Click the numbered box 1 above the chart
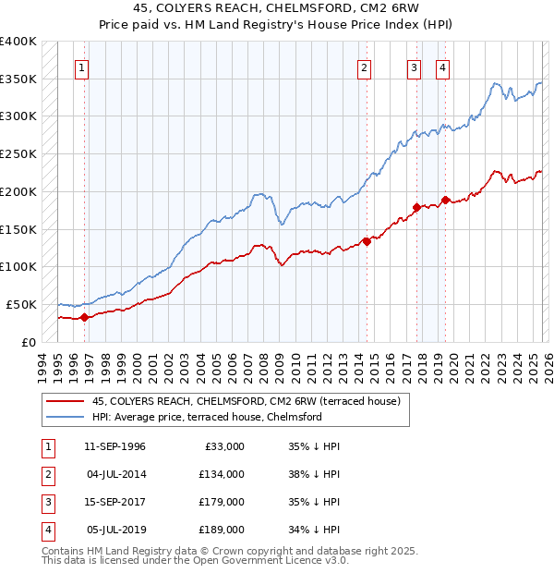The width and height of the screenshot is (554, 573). point(83,67)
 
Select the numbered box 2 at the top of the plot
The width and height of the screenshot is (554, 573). point(366,67)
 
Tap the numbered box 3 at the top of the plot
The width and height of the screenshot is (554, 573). point(415,67)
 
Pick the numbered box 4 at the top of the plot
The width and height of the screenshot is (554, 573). point(443,67)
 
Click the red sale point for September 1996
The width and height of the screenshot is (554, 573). point(84,317)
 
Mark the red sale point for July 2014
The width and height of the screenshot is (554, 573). point(367,241)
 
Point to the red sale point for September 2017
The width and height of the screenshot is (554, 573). point(416,207)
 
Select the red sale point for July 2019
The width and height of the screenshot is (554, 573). point(445,200)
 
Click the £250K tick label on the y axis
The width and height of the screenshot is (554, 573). point(18,154)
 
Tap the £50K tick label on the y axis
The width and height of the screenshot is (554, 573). point(21,304)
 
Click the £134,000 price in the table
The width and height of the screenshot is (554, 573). point(222,474)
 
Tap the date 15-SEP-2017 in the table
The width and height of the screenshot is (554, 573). point(114,502)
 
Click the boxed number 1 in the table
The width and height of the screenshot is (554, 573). point(45,446)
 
